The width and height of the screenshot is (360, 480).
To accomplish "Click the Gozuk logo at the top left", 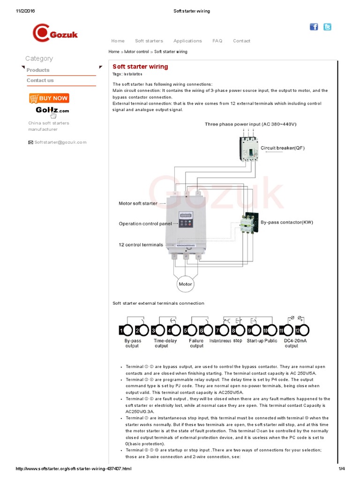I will coord(55,33).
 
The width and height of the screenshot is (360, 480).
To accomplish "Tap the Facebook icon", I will coord(314,27).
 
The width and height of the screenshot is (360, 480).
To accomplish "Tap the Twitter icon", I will coord(327,27).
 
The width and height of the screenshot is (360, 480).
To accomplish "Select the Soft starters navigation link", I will coord(149,41).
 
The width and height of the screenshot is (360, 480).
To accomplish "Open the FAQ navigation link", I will coord(217,41).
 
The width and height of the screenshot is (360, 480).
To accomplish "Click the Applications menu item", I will coord(187,41).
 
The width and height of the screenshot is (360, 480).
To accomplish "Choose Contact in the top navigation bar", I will coord(241,41).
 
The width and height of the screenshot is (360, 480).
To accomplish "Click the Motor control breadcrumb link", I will coord(136,52).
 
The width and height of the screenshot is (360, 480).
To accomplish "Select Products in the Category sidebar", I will coord(38,70).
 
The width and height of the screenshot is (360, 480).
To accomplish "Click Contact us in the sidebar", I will coord(40,80).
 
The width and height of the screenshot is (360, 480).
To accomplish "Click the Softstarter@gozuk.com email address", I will coord(60,142).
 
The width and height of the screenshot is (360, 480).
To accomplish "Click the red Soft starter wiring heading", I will coord(140,67).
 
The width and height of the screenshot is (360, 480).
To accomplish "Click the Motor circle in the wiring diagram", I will coord(185,284).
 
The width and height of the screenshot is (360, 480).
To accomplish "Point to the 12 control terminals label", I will coord(141,245).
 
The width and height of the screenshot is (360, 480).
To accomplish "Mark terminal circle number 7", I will coord(218,331).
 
